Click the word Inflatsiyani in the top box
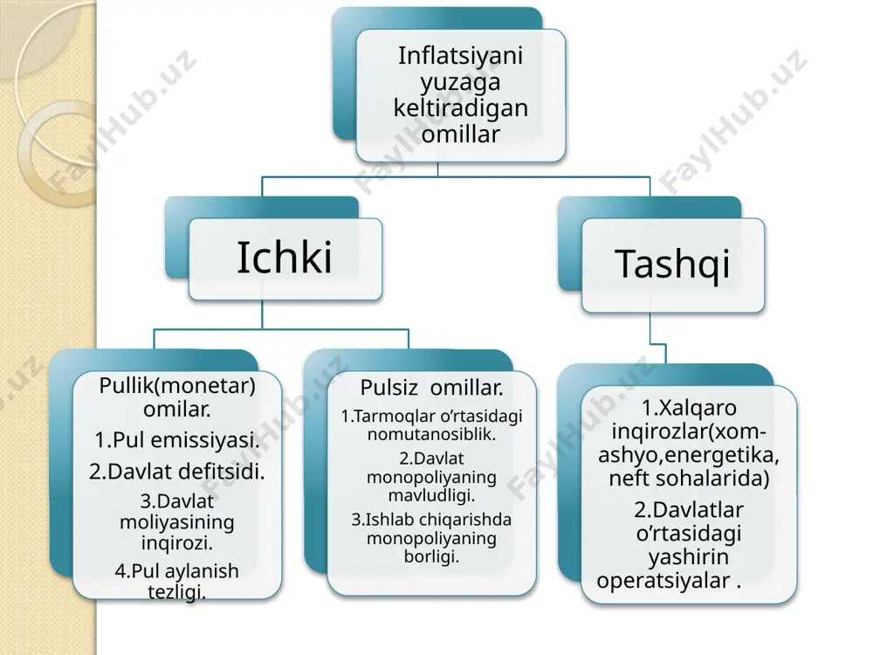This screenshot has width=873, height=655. coord(460,55)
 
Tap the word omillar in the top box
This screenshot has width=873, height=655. coord(460,134)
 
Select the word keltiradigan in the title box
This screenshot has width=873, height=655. coord(460,108)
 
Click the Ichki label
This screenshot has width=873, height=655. coord(285,258)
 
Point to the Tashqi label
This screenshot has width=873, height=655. coord(672,264)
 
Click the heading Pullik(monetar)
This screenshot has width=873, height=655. coord(177,386)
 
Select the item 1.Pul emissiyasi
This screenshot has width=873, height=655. coord(177,440)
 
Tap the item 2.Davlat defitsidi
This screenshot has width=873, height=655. coord(177,472)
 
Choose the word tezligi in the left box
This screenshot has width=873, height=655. coord(177,591)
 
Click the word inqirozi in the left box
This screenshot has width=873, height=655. coord(177,542)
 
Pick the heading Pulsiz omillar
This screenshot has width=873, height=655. coord(431,388)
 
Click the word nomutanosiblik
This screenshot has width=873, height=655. coord(431,434)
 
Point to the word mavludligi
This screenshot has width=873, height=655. coord(431,495)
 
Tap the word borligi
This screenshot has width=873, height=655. coord(431,556)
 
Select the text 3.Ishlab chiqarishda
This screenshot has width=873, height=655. coord(431,520)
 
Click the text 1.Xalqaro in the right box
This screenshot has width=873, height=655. coord(690,408)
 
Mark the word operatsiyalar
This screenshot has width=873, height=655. coord(663,581)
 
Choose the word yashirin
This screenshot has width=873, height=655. coord(690,557)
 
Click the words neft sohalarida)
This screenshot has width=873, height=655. coord(690,479)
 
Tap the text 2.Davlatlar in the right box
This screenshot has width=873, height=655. coord(690,510)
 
